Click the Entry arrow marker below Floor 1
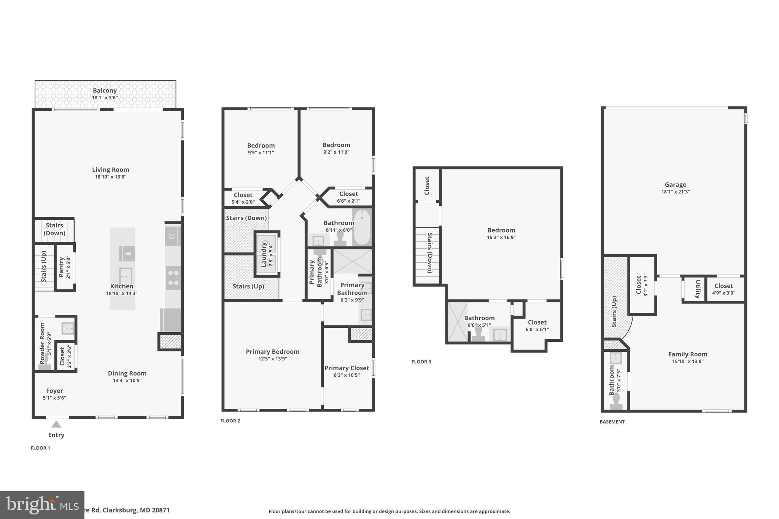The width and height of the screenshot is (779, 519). tap(56, 424)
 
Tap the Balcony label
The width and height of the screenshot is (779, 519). tap(105, 90)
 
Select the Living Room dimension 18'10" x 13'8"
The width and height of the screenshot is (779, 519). tap(110, 177)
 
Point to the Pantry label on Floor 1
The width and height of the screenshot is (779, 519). tap(61, 267)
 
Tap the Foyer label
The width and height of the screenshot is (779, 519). tap(54, 390)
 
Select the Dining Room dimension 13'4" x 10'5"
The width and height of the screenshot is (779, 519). tap(127, 380)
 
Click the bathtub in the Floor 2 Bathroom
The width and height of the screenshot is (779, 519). tap(361, 227)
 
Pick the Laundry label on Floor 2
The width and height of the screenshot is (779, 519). tap(264, 254)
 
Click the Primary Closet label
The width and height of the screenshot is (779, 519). tap(347, 368)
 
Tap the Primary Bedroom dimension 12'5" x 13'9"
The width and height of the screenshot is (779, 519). tap(272, 359)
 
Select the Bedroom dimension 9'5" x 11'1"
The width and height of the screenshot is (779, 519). tap(261, 152)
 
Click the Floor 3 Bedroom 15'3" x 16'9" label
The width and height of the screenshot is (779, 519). tap(501, 230)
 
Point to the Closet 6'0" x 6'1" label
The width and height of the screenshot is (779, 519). tap(537, 322)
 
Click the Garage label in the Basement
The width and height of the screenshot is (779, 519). tap(676, 185)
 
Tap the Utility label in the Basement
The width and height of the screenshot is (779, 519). tap(698, 289)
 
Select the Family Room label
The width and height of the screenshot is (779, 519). tap(688, 354)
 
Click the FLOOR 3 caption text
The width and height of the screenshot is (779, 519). tap(421, 362)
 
